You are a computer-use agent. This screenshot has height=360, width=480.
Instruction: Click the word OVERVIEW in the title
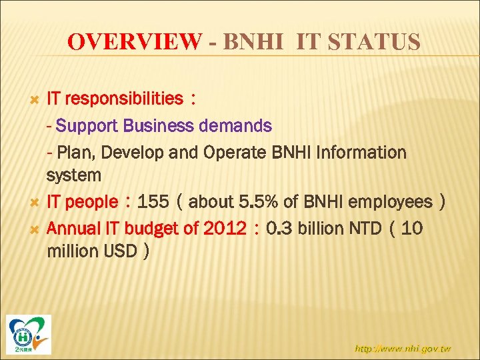133,43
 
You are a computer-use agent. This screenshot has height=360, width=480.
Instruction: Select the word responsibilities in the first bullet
125,99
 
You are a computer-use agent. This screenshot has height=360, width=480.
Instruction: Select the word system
73,176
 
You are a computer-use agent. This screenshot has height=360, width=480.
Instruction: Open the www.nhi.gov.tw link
403,348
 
